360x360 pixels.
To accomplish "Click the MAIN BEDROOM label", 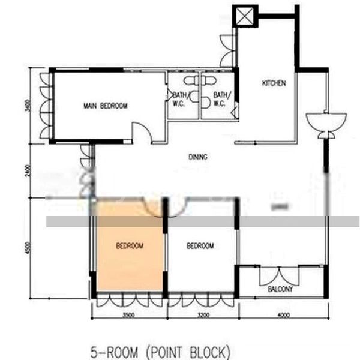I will tap(106, 106).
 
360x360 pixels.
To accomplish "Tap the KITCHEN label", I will tap(274, 83).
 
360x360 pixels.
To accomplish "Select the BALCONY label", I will tap(280, 290).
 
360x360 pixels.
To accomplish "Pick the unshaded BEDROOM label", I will tap(200, 246).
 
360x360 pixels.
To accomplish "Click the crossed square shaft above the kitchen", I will tap(245, 16).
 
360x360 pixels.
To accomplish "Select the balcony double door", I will tap(279, 275).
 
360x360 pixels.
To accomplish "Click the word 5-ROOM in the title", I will tap(113, 350).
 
